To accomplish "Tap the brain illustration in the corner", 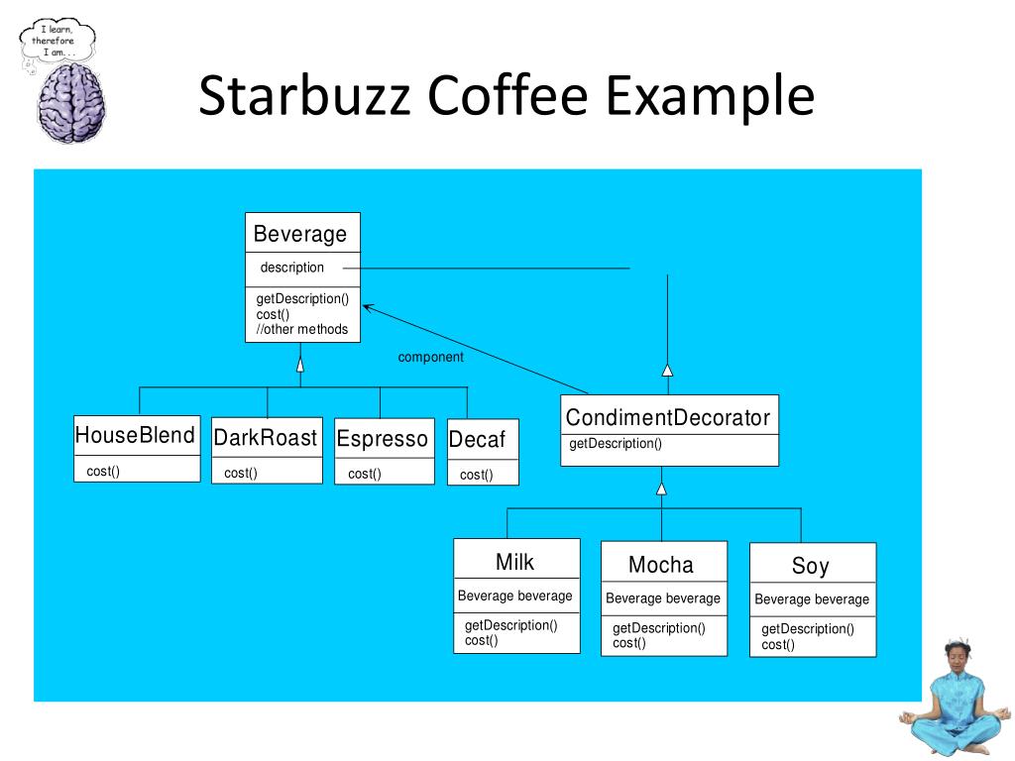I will [70, 104].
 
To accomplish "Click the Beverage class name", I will [300, 235].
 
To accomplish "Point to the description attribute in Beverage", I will [291, 268].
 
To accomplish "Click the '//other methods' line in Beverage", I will [302, 329].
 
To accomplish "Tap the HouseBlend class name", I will [136, 435].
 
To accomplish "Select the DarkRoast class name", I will [266, 438].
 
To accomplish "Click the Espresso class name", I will [383, 439].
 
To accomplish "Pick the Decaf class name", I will [477, 440].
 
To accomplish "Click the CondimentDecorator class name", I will [667, 418].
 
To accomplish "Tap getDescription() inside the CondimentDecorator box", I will [616, 444].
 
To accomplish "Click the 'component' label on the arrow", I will [430, 357].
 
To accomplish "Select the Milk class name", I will [514, 563].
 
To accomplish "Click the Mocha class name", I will [661, 566].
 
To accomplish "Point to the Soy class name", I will [810, 567].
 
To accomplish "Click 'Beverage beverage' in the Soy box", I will [812, 599].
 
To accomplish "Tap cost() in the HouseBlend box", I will [103, 471].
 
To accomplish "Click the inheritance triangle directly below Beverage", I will [300, 365].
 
